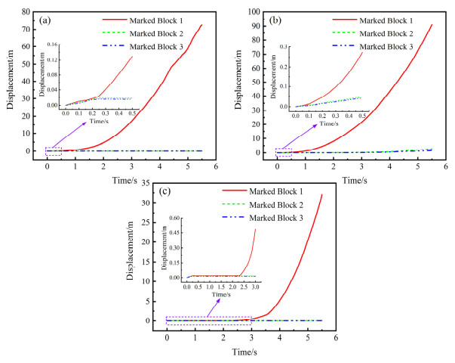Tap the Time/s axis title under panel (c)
coord(244,351)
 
